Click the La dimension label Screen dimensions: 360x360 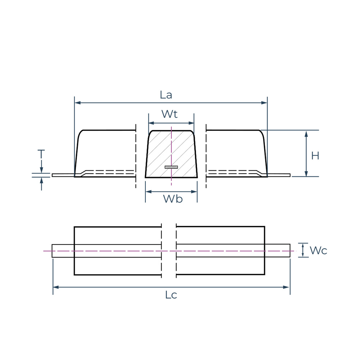[x=166, y=95]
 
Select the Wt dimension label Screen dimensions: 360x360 [x=169, y=114]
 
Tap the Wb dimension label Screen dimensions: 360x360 [x=173, y=199]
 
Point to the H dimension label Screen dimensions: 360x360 [x=315, y=156]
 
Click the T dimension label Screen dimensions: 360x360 [x=41, y=154]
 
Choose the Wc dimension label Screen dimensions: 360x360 [x=318, y=251]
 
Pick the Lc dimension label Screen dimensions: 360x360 [x=171, y=295]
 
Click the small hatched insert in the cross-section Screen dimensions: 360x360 [x=171, y=167]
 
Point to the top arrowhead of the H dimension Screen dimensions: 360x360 [x=306, y=134]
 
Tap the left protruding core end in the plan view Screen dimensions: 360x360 [x=63, y=251]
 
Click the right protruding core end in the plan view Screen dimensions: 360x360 [x=277, y=251]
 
